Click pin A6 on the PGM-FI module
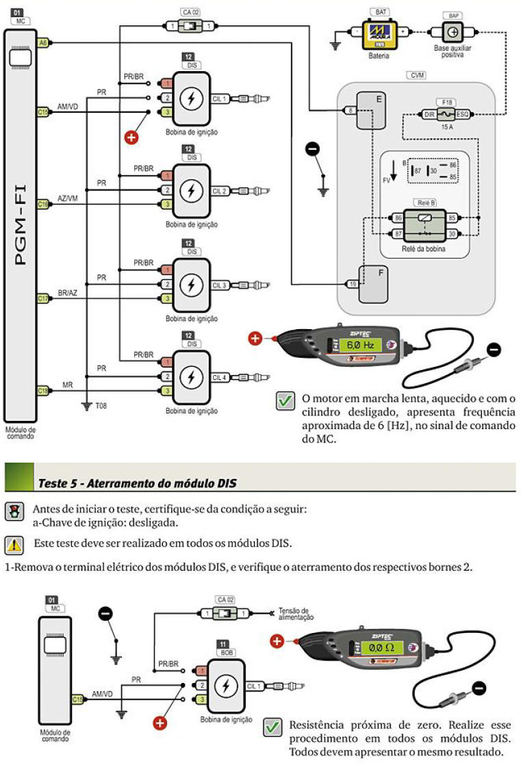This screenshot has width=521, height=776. (x=42, y=42)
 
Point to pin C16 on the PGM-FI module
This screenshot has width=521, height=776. (x=42, y=204)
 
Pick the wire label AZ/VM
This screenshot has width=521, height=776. (x=68, y=198)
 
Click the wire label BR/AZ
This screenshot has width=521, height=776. (x=68, y=292)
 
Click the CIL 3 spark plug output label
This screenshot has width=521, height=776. (x=219, y=285)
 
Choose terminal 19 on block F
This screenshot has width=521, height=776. (x=352, y=283)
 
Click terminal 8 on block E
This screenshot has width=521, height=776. (x=351, y=110)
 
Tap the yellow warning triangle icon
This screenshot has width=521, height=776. (x=13, y=545)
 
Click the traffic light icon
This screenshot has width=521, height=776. (x=12, y=511)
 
